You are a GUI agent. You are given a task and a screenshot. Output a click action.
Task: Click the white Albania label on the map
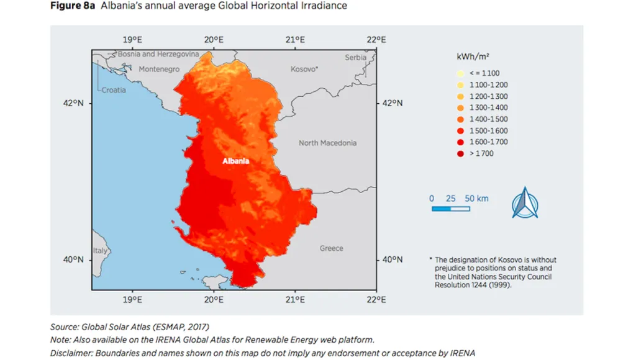tap(236, 161)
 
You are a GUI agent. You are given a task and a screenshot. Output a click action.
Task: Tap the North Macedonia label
tap(327, 143)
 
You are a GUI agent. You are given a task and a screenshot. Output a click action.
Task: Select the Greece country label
tap(331, 248)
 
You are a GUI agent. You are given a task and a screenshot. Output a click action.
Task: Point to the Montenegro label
tap(159, 70)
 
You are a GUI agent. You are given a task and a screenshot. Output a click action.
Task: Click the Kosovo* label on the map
tap(304, 70)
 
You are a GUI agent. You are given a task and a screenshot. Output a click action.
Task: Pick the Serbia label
tap(356, 58)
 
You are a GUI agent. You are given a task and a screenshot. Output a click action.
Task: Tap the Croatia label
tap(114, 90)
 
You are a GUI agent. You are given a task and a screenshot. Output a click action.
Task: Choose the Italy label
tap(99, 251)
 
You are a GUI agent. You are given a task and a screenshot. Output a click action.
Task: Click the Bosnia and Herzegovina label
tap(158, 55)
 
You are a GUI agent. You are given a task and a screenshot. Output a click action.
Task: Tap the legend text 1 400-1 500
tap(488, 119)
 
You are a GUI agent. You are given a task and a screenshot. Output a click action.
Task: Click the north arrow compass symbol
tap(525, 202)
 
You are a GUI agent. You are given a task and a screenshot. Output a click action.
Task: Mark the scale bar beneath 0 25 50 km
tap(450, 209)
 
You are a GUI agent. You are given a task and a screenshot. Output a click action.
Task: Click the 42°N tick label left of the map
tap(73, 104)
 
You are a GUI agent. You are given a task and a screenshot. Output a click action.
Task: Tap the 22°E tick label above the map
tap(376, 40)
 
